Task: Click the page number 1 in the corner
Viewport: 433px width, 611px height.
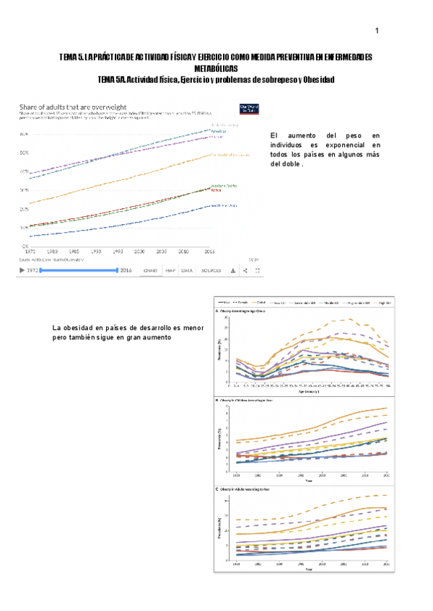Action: coord(377,31)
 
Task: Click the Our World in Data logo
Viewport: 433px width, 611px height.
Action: coord(248,109)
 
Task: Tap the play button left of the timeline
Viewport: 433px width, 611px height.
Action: coord(22,271)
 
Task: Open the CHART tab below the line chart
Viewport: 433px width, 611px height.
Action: coord(150,271)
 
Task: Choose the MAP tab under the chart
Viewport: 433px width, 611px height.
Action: coord(170,271)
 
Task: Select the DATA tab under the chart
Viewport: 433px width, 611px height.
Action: coord(187,271)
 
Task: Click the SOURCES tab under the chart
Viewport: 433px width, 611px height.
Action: coord(211,271)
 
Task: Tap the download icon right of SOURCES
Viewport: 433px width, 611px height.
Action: coord(232,271)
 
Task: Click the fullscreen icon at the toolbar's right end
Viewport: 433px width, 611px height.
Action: coord(258,271)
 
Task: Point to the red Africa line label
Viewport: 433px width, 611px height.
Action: coord(215,190)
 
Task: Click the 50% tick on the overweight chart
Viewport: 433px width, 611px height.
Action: coord(24,153)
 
